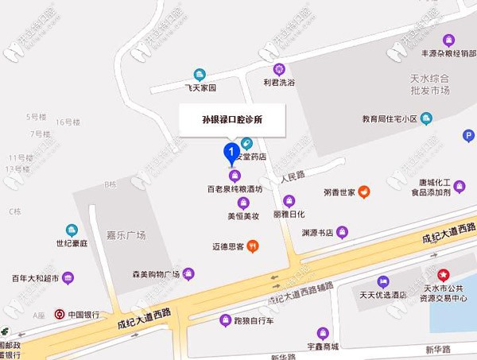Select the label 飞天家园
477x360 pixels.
[200, 87]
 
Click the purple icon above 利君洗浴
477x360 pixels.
[278, 69]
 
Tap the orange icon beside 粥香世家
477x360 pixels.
[363, 191]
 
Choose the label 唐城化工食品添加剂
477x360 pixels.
[434, 187]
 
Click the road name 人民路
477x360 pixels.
[294, 176]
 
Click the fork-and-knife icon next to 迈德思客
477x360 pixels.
[252, 246]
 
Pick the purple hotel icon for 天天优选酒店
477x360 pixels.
[383, 281]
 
